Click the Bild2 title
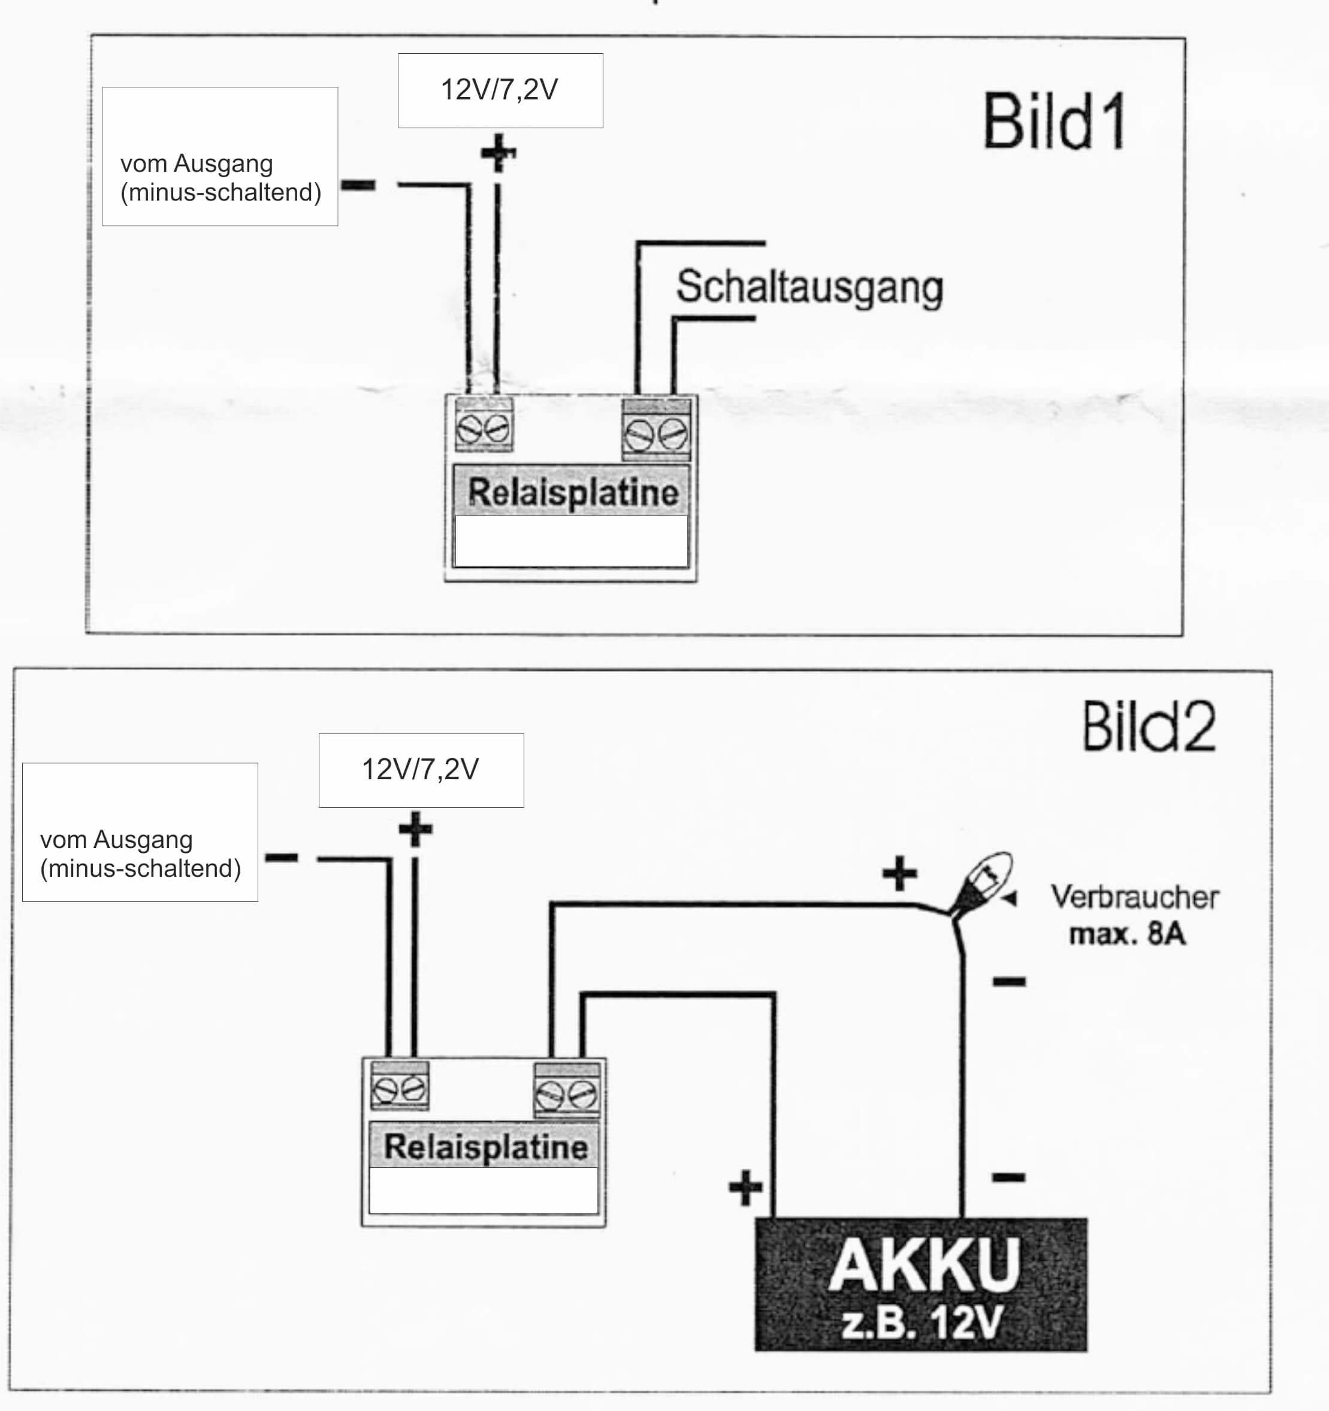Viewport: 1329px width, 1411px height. point(1148,727)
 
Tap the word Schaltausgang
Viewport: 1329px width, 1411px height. point(810,287)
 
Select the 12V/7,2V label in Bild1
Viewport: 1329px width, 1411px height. point(500,90)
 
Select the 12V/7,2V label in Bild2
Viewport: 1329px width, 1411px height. point(421,770)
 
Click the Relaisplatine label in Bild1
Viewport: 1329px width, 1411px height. point(572,492)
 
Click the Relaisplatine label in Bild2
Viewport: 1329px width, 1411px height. point(485,1147)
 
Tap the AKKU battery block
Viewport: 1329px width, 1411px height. point(921,1285)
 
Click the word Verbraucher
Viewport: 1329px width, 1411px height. point(1134,897)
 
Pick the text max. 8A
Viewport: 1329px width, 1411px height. point(1128,934)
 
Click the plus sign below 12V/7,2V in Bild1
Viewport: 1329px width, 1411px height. point(499,153)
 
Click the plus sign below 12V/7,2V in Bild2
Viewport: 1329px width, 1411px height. point(415,829)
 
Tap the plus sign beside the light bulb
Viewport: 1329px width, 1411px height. point(899,873)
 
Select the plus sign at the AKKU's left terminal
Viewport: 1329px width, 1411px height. point(745,1188)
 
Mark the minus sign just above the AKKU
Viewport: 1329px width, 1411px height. point(1008,1178)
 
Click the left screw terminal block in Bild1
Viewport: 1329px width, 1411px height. point(484,425)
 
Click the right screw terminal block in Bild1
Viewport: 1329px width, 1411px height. point(657,430)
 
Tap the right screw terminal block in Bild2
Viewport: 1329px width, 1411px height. point(566,1091)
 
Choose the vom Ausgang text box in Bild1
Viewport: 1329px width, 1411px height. point(220,157)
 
